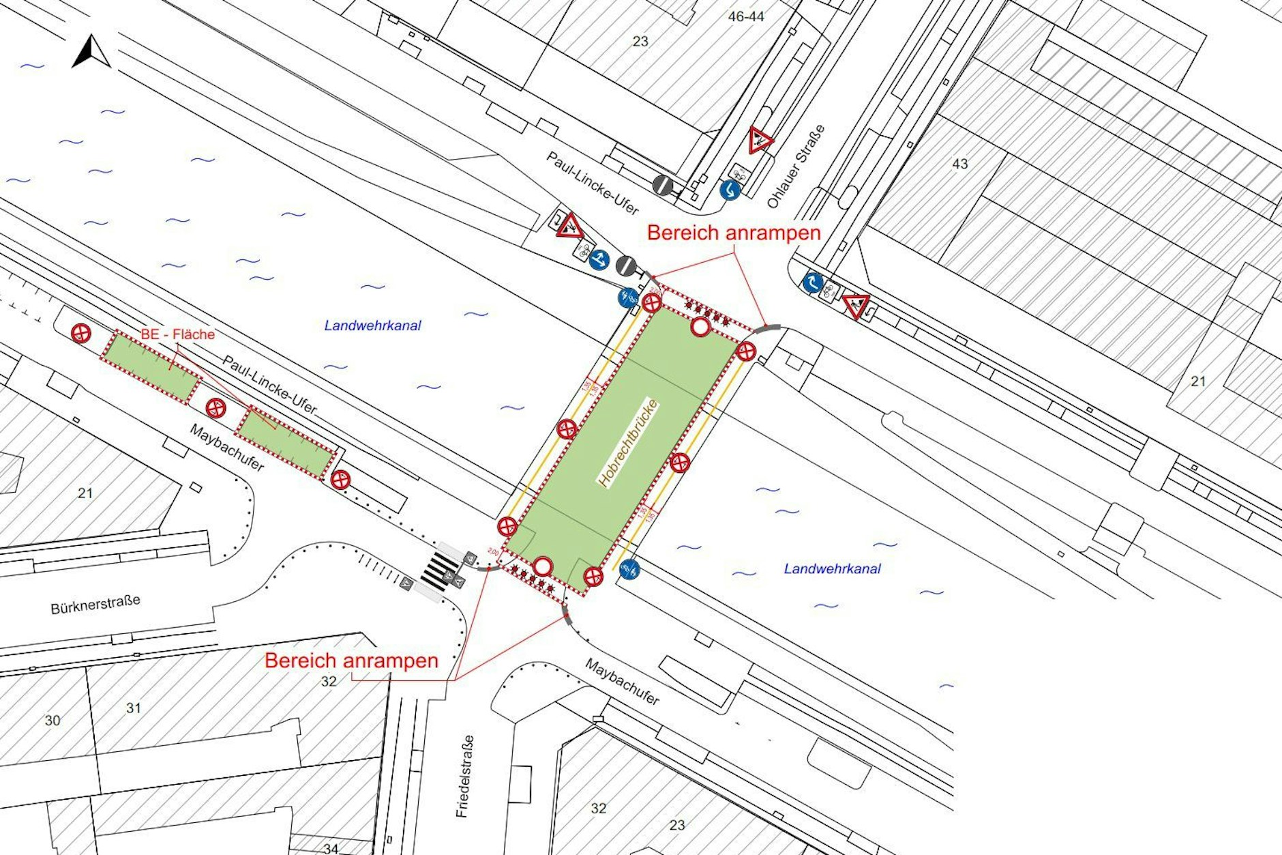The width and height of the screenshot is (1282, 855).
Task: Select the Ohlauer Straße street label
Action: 796,166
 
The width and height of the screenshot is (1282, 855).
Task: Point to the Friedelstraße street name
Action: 465,776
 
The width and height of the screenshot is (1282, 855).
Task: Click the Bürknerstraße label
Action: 95,605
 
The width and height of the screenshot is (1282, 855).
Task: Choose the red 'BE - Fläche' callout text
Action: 178,334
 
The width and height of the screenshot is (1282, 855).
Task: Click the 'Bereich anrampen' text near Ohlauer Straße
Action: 734,233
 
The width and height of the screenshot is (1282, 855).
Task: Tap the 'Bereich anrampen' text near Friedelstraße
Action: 351,661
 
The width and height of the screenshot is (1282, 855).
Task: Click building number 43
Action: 959,164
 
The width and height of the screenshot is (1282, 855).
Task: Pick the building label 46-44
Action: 746,16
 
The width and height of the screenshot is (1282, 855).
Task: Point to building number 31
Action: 134,708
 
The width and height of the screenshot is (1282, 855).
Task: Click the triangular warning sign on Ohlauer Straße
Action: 760,140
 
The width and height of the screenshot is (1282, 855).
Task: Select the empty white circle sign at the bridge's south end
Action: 542,566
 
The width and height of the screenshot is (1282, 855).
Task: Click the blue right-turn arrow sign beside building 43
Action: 812,282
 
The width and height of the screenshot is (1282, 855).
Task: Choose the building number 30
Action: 53,720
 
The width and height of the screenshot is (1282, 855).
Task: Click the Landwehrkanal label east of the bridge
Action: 832,568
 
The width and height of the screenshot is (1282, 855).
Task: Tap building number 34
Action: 331,848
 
